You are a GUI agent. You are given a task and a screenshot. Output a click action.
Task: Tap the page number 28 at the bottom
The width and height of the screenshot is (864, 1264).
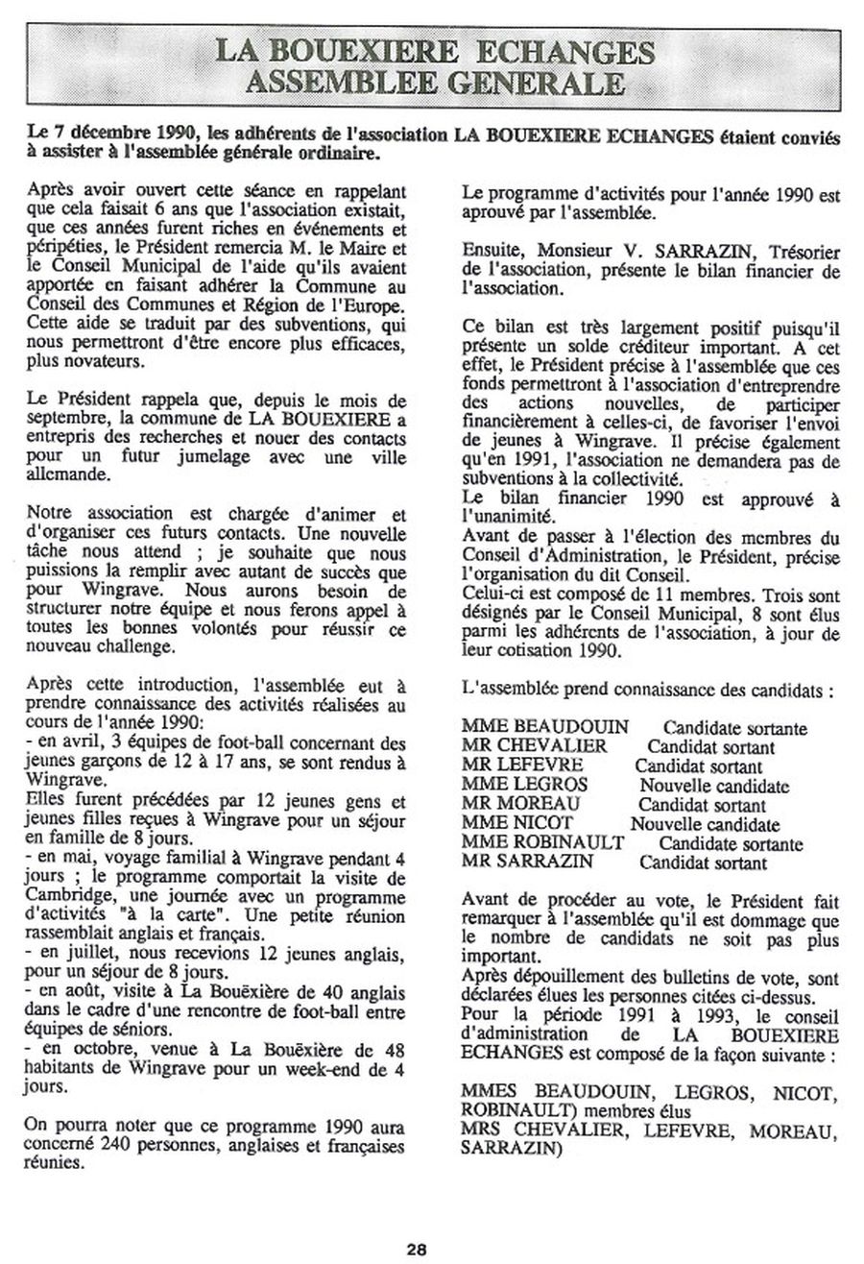[x=416, y=1248]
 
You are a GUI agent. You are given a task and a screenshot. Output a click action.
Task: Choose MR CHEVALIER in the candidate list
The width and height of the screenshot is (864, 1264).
[x=534, y=745]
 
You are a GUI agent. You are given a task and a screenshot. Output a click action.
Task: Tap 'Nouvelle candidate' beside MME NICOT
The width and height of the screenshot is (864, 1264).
[x=705, y=823]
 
